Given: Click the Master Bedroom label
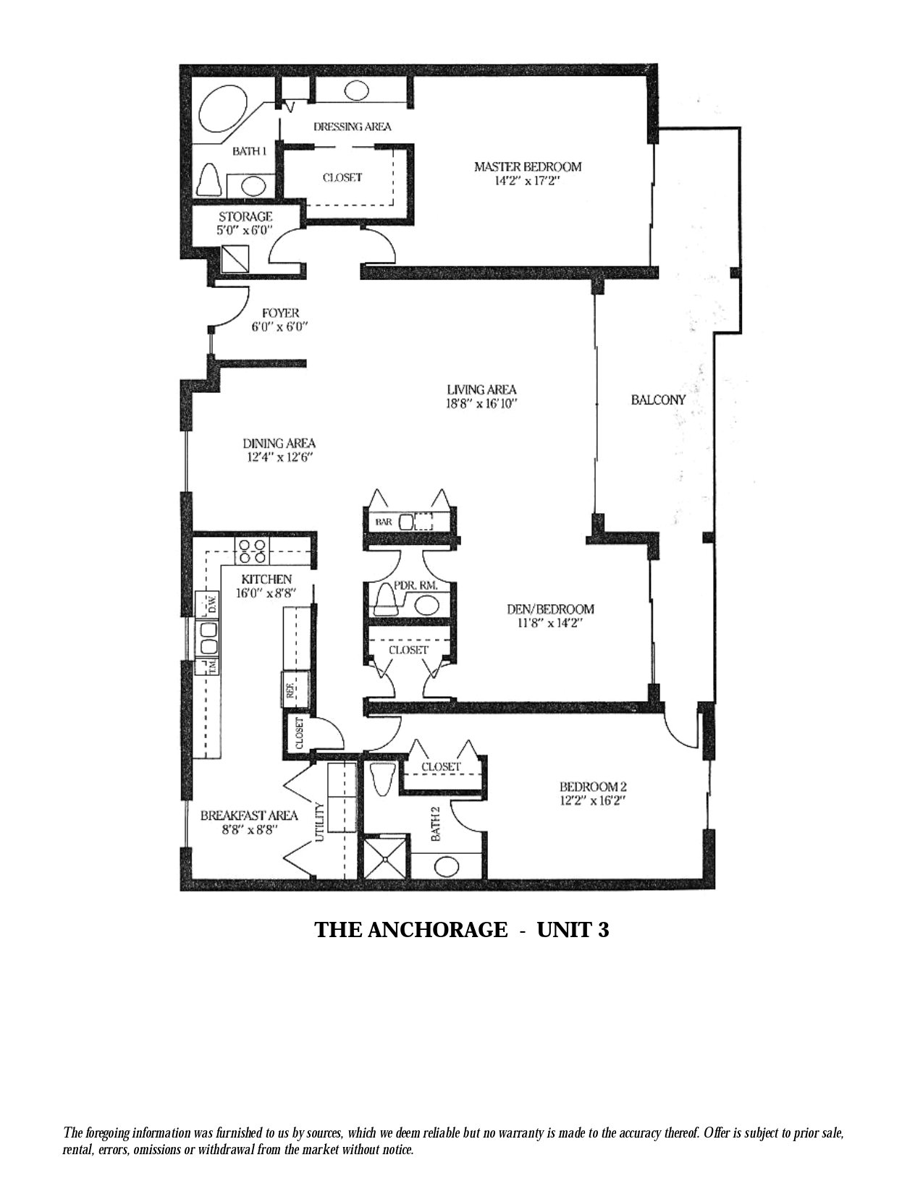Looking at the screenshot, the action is click(x=528, y=166).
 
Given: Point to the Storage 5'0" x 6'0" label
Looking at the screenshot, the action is click(x=245, y=224).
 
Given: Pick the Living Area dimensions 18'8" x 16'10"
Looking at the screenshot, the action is click(x=481, y=404).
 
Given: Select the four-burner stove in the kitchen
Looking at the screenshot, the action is click(x=253, y=551).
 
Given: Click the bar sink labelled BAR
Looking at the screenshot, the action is click(x=406, y=520).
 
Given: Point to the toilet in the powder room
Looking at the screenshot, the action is click(x=387, y=599).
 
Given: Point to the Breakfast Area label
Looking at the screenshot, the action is click(x=249, y=822).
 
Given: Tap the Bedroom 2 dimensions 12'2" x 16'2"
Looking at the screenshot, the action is click(x=593, y=800).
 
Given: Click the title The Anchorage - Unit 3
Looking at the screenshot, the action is click(x=462, y=930).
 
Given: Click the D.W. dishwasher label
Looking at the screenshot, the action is click(x=211, y=606).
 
